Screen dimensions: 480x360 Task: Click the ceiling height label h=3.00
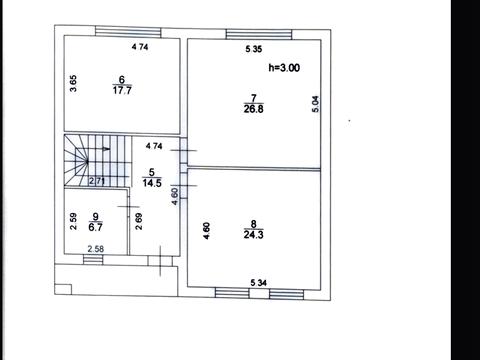(284, 68)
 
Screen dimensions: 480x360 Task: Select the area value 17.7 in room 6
(122, 90)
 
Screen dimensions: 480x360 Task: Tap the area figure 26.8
(253, 109)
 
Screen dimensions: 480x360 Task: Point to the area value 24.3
(253, 235)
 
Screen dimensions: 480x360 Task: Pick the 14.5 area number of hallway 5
(152, 183)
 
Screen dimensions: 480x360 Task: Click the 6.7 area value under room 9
(95, 227)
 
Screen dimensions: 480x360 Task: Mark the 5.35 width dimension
(254, 49)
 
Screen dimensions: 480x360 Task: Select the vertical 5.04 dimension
(316, 104)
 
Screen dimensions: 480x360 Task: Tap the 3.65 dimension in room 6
(73, 83)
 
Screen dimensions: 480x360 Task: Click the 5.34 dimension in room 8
(258, 283)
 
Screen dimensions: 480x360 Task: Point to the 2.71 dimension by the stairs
(97, 181)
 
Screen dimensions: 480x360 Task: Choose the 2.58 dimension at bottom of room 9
(96, 249)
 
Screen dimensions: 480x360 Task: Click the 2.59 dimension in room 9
(73, 221)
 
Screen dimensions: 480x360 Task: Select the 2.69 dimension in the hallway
(139, 221)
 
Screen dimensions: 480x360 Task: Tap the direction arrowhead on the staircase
(106, 149)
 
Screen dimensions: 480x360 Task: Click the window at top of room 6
(128, 32)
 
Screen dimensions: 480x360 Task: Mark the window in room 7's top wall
(259, 34)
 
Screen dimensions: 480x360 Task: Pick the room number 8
(253, 224)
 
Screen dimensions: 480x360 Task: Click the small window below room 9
(93, 260)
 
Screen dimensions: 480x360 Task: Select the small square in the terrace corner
(63, 289)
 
